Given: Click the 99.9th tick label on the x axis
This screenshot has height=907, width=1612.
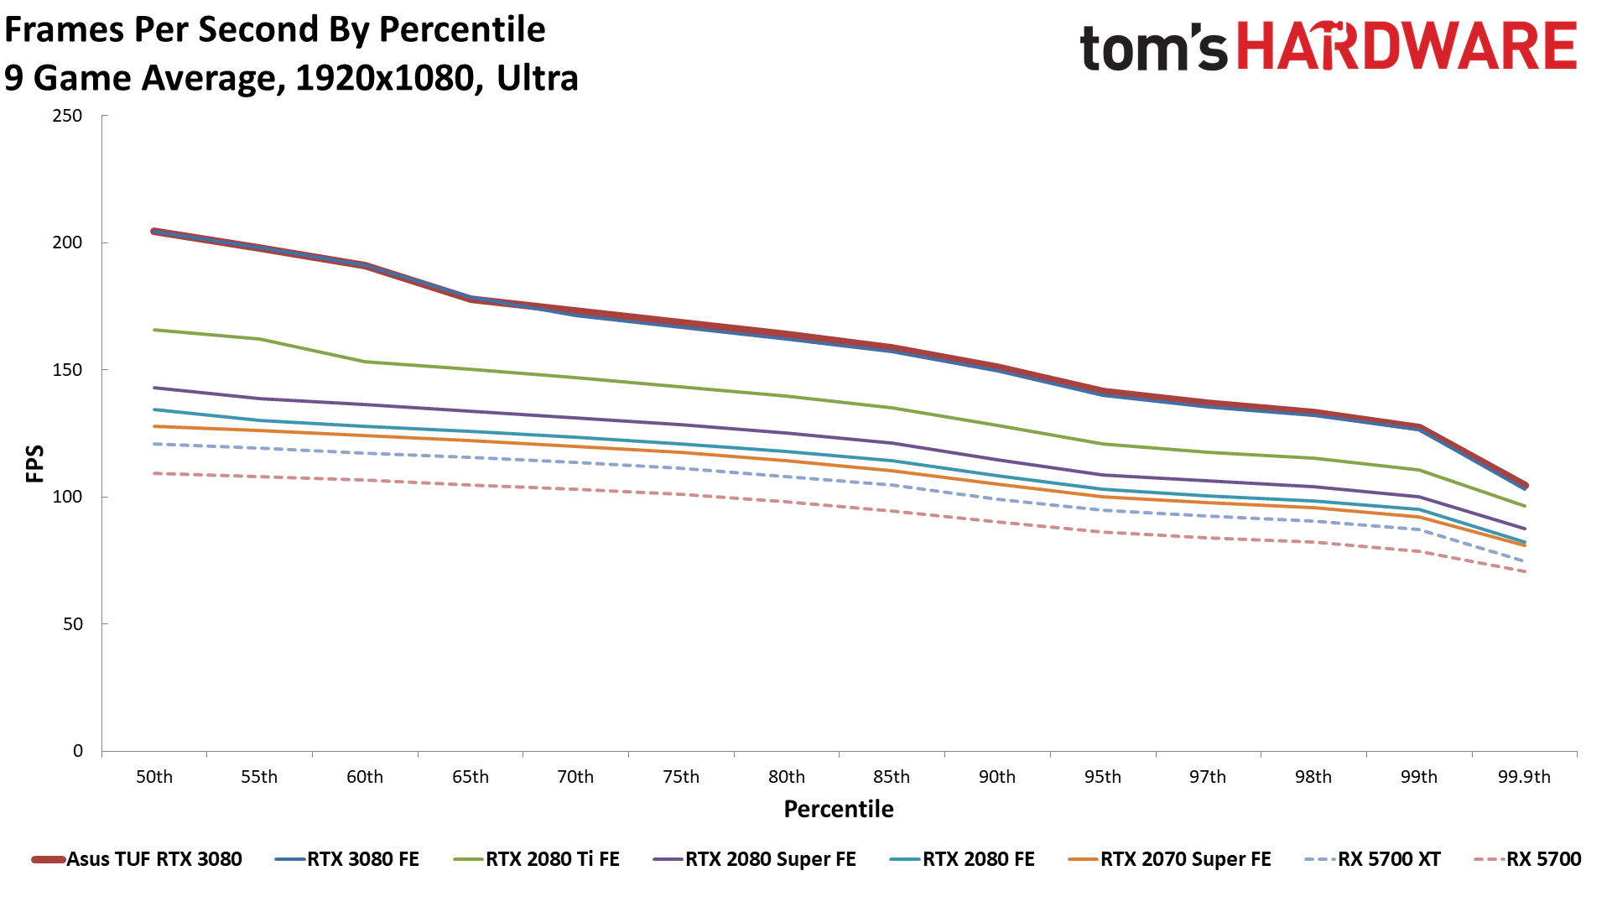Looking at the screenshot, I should click(x=1524, y=777).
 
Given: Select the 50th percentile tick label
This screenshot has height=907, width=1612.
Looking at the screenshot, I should click(x=154, y=777).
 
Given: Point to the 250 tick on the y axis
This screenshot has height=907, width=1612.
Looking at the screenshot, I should click(x=67, y=116).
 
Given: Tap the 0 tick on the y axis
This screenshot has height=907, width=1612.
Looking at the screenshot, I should click(x=78, y=751).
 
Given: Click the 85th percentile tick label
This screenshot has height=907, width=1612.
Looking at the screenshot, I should click(x=892, y=777).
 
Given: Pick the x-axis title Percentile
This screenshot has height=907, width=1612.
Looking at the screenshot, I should click(x=839, y=809).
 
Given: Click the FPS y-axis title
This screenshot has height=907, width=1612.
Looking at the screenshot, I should click(x=34, y=463).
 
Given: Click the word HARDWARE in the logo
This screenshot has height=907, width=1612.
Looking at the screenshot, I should click(x=1407, y=47).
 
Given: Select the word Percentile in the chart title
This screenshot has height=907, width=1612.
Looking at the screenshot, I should click(x=462, y=29).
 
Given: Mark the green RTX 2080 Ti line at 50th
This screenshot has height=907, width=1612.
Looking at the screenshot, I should click(x=155, y=330).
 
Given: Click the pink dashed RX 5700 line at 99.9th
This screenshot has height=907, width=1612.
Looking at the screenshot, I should click(x=1524, y=571).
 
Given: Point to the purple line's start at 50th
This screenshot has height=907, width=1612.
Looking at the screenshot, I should click(x=155, y=388).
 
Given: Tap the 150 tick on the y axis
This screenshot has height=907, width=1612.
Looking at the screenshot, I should click(x=67, y=370).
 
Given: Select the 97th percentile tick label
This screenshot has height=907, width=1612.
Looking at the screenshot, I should click(x=1208, y=777).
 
